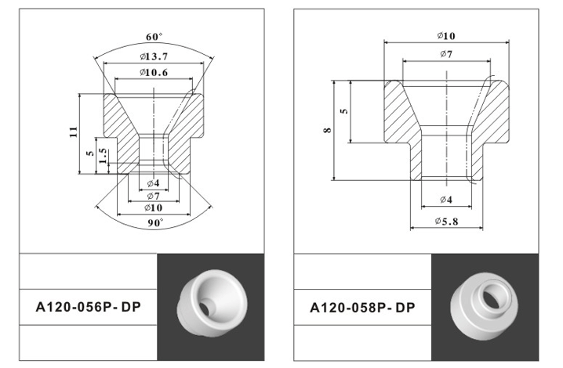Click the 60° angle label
(154, 37)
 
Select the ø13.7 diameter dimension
(154, 56)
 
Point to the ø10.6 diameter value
(154, 73)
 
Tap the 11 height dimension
(73, 132)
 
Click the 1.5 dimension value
(103, 157)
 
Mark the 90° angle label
(155, 222)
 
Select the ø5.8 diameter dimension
(446, 222)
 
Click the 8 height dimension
(327, 130)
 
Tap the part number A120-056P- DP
(88, 307)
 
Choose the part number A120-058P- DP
(362, 308)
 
